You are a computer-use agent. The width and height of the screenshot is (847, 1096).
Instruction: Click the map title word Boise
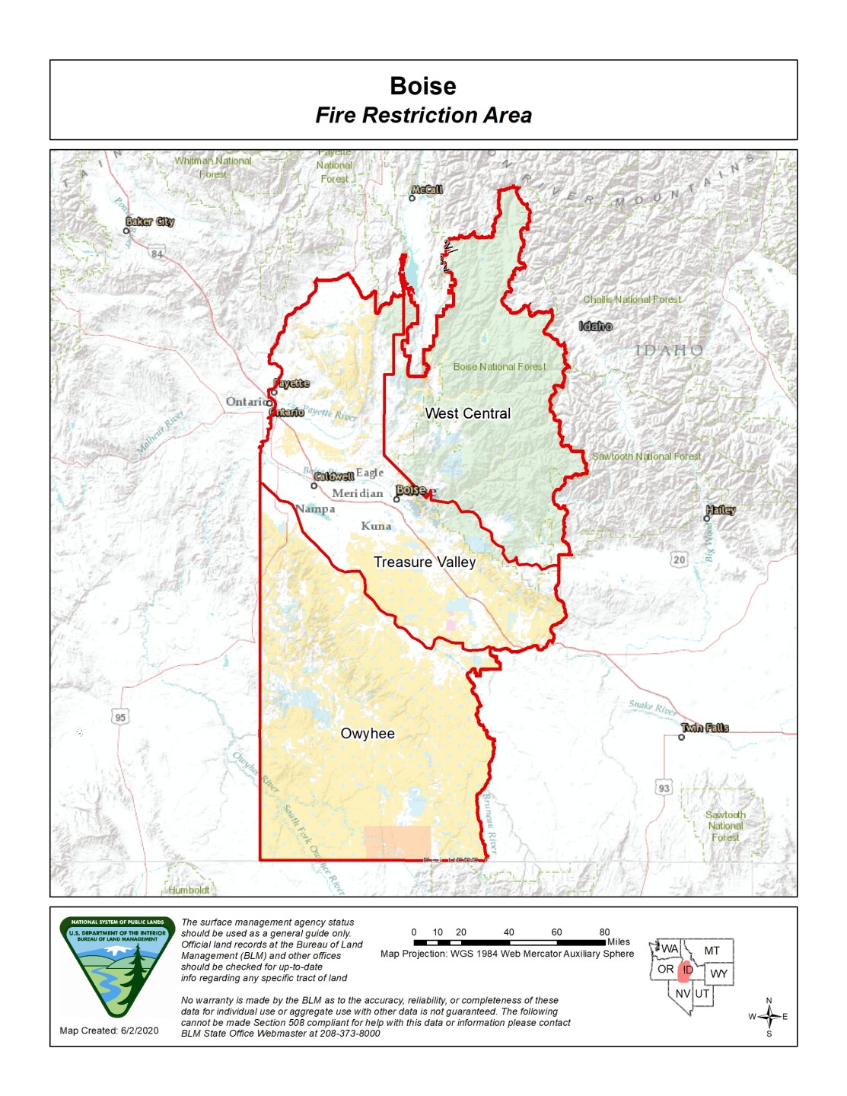point(423,86)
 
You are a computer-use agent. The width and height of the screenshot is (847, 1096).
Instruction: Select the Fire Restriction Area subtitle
point(423,116)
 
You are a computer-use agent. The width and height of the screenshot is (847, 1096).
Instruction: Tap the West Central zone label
point(467,413)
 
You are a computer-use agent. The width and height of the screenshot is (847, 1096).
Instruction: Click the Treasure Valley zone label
point(424,562)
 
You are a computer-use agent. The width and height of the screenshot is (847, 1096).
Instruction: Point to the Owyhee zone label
point(368,734)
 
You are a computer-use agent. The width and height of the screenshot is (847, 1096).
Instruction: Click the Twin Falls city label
point(705,728)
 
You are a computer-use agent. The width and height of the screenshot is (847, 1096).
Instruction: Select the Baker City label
point(150,221)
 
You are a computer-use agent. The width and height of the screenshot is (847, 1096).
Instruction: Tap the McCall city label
point(426,190)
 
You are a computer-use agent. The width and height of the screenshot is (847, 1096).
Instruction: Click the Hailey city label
point(720,510)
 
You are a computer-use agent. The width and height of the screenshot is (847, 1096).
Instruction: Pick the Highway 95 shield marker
point(120,717)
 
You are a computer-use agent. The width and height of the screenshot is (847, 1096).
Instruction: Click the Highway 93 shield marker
point(664,788)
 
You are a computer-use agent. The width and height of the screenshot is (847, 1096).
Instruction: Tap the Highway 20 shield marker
point(679,560)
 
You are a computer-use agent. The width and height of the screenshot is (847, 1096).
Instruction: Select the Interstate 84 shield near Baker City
point(157,253)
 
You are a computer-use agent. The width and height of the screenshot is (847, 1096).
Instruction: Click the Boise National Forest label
point(499,367)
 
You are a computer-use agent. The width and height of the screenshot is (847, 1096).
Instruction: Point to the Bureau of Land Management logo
point(117,967)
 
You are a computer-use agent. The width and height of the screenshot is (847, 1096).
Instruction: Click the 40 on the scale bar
point(508,932)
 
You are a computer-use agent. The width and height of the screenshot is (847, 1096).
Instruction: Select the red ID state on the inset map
point(686,970)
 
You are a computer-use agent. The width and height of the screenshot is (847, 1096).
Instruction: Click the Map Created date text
point(109,1031)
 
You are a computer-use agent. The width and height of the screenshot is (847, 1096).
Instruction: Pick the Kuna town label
point(376,526)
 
